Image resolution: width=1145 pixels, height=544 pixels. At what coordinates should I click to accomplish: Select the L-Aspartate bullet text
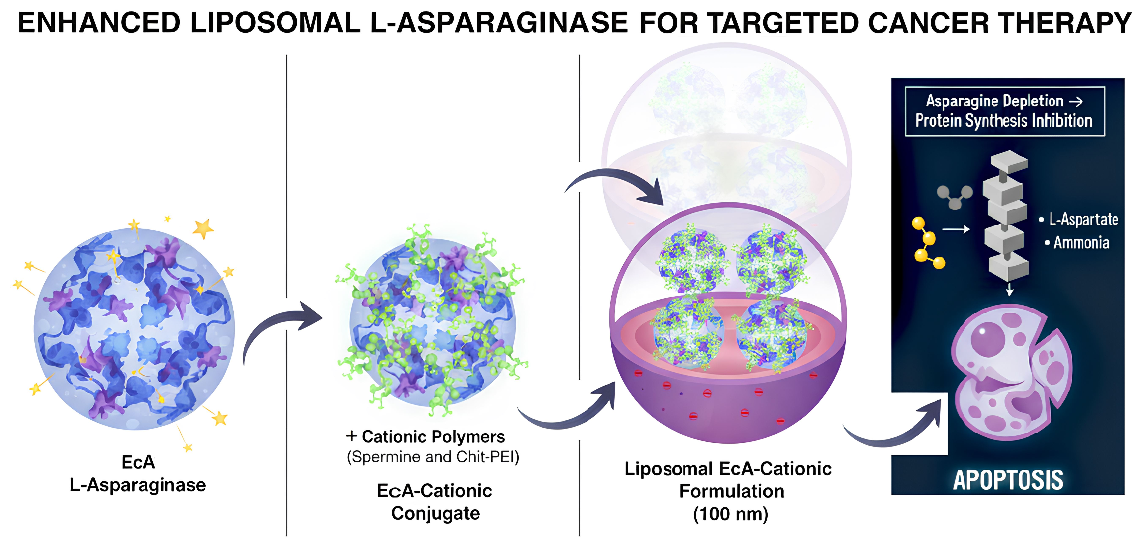pyautogui.click(x=1083, y=219)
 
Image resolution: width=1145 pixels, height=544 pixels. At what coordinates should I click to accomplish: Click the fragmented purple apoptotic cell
pyautogui.click(x=1011, y=374)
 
